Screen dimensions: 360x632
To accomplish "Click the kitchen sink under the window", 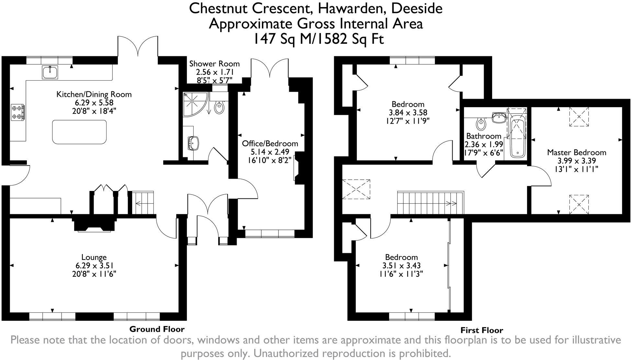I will [x=50, y=72].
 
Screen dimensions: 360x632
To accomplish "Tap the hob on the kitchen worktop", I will [x=18, y=112].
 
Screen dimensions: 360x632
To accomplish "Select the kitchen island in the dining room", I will [x=79, y=132].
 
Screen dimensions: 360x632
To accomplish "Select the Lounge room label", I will [x=94, y=257].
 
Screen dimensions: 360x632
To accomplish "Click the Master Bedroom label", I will [x=577, y=152].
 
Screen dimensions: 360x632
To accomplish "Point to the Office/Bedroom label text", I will [x=270, y=143].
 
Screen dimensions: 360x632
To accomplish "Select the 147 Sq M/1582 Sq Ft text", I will [x=318, y=39].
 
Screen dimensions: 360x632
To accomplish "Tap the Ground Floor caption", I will [x=157, y=329].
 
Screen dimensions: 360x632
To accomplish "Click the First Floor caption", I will [x=481, y=330].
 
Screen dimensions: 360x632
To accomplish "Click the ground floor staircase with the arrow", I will [x=142, y=203].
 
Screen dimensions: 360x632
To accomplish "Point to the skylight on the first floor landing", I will [x=356, y=189].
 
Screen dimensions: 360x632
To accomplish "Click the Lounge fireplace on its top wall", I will [x=94, y=224].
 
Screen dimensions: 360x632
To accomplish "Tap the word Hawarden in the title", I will [x=351, y=8].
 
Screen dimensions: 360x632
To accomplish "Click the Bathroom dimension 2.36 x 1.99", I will [x=483, y=144].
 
